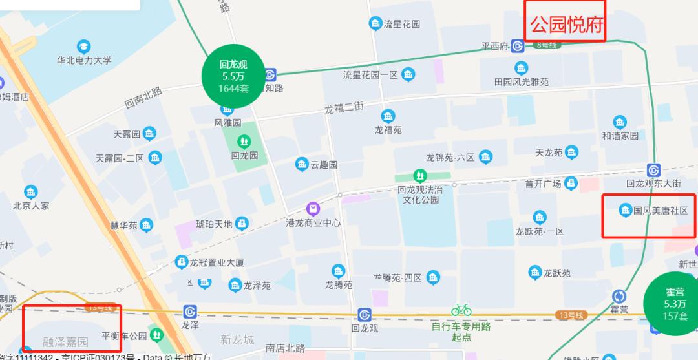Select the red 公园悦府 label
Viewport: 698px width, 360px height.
tap(567, 25)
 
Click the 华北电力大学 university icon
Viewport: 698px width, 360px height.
tap(83, 47)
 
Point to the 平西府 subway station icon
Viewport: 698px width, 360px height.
tap(517, 46)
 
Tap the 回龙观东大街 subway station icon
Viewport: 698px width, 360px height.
tap(653, 169)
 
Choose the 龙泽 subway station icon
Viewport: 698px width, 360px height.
tap(189, 312)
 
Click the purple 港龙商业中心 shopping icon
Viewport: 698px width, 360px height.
tap(313, 209)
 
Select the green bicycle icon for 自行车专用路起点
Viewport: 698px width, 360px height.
tap(461, 309)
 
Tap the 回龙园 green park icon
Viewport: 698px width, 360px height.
tap(244, 141)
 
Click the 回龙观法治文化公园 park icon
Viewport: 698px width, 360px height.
tap(420, 175)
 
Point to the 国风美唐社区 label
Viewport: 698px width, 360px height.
tap(660, 211)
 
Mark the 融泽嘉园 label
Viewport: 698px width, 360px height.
tap(65, 342)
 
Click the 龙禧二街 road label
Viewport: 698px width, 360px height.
tap(344, 108)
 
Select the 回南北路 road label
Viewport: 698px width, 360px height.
tap(143, 97)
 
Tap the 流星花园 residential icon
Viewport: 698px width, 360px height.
tap(375, 24)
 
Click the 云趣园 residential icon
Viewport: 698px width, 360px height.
tap(301, 164)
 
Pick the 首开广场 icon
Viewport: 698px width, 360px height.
tap(570, 184)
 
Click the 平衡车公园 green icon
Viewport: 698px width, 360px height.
tap(156, 335)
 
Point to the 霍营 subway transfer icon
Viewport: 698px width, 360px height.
tap(619, 296)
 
